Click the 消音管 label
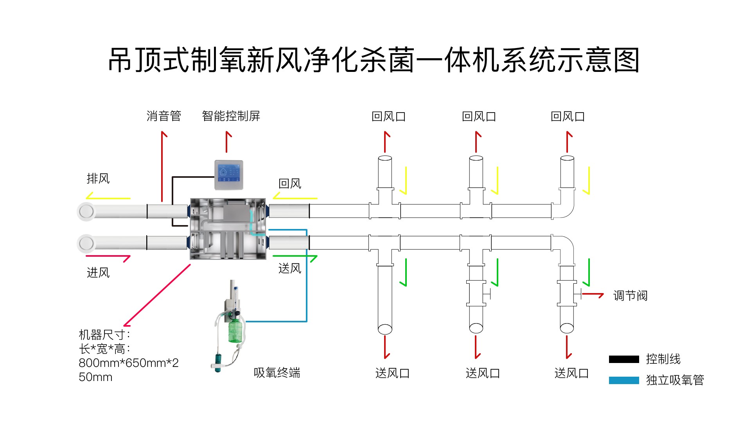click(164, 116)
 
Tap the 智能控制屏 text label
click(231, 116)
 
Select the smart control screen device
click(229, 175)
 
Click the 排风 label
click(98, 179)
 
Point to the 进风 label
click(98, 272)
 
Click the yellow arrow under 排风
click(108, 197)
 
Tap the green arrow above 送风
click(295, 257)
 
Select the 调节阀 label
click(630, 295)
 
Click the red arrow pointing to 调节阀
click(593, 295)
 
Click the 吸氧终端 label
click(277, 373)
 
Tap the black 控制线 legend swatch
click(624, 359)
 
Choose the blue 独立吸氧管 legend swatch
click(624, 380)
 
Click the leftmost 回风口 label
click(388, 116)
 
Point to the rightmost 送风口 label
click(571, 373)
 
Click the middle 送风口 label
click(483, 373)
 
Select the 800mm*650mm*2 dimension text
click(129, 363)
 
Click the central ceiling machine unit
click(228, 229)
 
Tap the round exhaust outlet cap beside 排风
click(86, 211)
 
